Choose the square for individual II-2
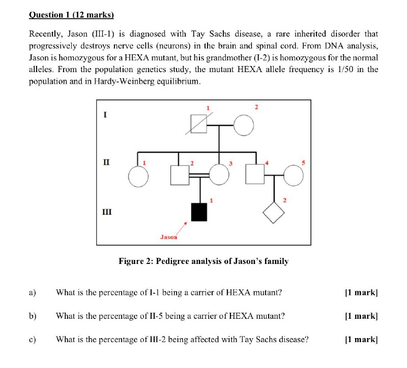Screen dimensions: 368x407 [x=180, y=175]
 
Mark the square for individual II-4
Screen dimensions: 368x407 [x=255, y=175]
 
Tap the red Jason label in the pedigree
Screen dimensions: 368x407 [x=169, y=237]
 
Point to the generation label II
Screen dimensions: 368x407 [x=106, y=162]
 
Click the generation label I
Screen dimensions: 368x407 [x=105, y=115]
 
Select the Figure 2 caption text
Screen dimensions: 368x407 [x=203, y=261]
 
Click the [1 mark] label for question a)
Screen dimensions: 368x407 [x=361, y=292]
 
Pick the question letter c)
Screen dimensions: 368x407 [x=33, y=340]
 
